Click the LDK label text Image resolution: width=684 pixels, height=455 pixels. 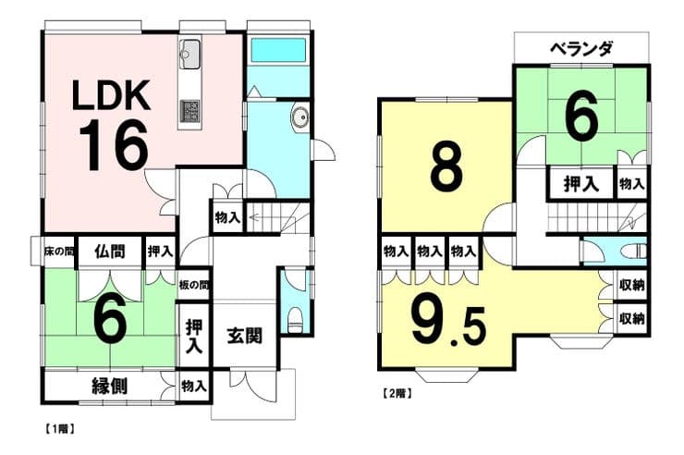point(112,94)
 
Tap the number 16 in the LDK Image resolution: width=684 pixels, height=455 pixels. point(114,146)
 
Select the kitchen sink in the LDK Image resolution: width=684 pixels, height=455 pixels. point(189,54)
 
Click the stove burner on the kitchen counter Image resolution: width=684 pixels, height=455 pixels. point(189,111)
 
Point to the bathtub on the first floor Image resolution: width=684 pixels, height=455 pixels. point(278,50)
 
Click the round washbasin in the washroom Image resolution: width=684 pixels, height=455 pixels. point(299,117)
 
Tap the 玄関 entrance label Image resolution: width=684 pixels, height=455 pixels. point(244,336)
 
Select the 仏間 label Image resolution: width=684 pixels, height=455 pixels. point(110,252)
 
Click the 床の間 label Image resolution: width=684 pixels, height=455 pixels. point(59,252)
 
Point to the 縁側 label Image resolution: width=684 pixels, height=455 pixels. point(109,386)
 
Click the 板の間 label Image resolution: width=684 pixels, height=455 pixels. point(194,286)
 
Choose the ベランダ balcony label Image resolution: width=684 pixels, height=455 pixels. point(581,49)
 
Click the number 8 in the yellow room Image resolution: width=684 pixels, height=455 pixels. point(446,167)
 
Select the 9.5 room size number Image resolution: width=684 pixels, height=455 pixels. point(448,325)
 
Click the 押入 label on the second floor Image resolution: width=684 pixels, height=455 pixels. point(581,183)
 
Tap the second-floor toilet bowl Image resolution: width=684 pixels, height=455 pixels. point(634,252)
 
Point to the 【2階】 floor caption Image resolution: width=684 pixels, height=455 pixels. point(397,393)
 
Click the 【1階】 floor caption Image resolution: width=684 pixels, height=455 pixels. point(59,429)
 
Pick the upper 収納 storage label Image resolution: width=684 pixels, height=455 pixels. point(631,286)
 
